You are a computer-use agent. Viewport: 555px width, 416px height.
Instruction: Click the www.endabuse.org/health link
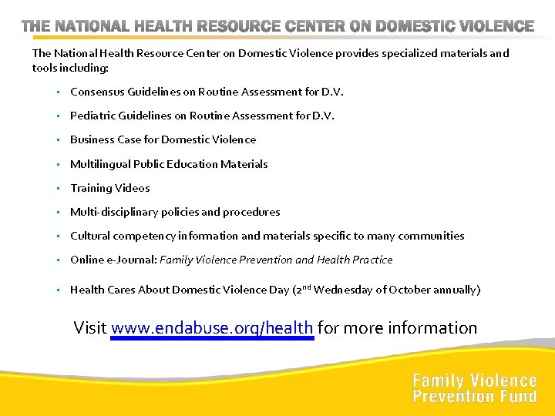212,328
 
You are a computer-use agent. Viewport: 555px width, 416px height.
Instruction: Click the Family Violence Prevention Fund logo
474,388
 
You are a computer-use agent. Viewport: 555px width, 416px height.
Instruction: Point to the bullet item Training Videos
110,188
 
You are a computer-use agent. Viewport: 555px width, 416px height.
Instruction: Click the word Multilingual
100,164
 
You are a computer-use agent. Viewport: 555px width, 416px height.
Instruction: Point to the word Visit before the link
90,328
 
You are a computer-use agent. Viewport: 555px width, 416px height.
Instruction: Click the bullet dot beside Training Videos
58,188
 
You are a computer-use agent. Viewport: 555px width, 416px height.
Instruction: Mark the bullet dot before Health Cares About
58,290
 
